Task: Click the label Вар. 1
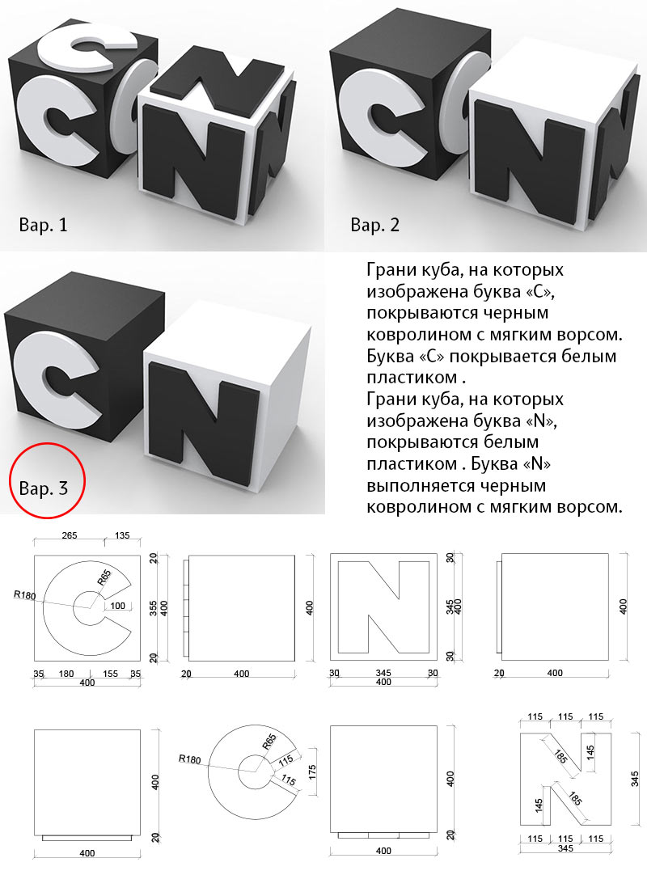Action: [43, 225]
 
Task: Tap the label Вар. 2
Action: [374, 225]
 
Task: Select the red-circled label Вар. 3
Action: [43, 488]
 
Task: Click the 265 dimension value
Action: [70, 535]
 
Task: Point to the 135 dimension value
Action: [121, 535]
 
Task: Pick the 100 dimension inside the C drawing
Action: [118, 606]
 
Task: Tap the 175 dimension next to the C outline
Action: [312, 772]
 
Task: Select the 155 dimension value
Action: [111, 674]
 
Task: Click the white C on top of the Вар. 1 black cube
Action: [89, 47]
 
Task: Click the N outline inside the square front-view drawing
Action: [383, 607]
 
